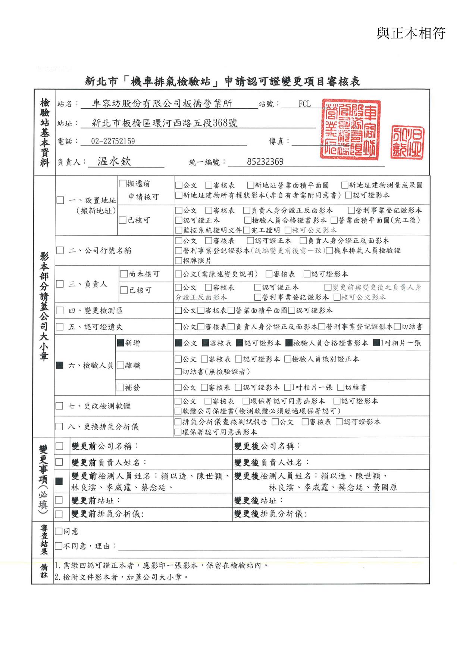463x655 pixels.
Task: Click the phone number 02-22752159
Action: pos(113,141)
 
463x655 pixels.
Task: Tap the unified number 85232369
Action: pos(265,162)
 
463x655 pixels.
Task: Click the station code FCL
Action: pos(304,104)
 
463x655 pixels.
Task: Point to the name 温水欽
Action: pos(114,161)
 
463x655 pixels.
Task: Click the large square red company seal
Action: pos(350,129)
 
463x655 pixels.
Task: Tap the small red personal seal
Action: pos(407,142)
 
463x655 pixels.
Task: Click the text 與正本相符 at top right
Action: pos(411,33)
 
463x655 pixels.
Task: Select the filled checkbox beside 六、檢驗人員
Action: pos(60,365)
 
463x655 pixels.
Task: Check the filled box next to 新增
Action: pos(121,343)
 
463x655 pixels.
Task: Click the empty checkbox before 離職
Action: pos(121,365)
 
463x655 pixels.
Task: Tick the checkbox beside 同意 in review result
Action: pos(59,531)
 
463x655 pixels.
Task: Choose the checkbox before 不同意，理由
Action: pos(59,546)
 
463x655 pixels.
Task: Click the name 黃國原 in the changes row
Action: pos(385,487)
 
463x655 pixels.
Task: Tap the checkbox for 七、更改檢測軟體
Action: pos(59,406)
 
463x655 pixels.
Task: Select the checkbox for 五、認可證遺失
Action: pos(60,327)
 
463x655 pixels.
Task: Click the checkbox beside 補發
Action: pos(121,388)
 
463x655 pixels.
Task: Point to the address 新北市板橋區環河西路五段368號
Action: pos(165,123)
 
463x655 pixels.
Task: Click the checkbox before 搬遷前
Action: pos(123,183)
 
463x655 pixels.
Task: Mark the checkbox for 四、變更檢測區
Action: pos(60,311)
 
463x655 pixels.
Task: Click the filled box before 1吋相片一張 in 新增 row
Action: pos(376,343)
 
